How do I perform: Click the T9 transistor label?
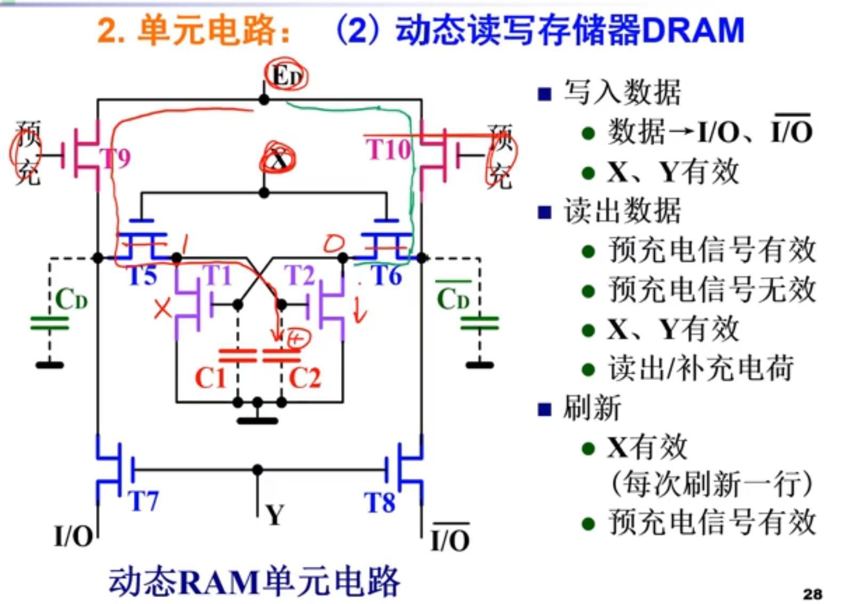click(116, 158)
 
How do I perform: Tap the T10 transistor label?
click(388, 149)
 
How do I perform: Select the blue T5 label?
click(143, 276)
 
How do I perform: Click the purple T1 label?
click(217, 276)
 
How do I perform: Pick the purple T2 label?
click(299, 276)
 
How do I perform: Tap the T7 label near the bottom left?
click(143, 501)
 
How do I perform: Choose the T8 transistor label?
click(379, 502)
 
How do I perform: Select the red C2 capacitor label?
click(305, 378)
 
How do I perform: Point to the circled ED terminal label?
click(287, 76)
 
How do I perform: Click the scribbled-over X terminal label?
click(277, 158)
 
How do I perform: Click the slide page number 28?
click(812, 594)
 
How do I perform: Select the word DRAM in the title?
click(693, 30)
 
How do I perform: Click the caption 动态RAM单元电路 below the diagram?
click(254, 581)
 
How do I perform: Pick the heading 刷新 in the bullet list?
click(592, 408)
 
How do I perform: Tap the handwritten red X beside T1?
click(162, 309)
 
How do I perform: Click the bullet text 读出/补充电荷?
click(701, 368)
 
